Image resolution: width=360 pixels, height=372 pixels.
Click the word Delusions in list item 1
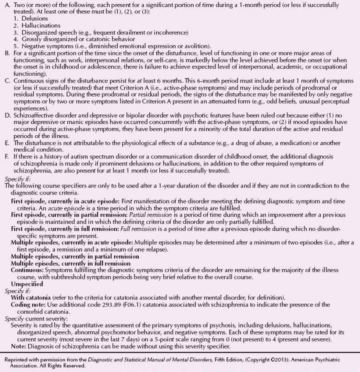(35, 19)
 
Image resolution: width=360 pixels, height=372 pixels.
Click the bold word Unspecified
(27, 284)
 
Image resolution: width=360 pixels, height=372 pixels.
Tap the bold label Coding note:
(30, 304)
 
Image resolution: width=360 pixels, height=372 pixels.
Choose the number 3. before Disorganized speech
(16, 32)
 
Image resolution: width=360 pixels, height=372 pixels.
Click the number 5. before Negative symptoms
(16, 46)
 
